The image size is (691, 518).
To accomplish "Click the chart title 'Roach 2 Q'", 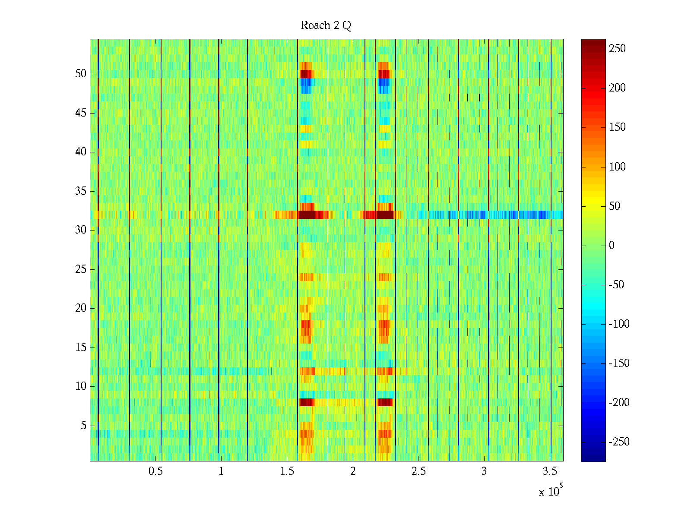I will (x=326, y=26).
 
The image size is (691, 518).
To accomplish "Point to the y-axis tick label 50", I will (x=81, y=74).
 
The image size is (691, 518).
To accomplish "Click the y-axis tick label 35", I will (x=81, y=191).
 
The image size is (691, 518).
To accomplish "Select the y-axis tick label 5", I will (x=83, y=426).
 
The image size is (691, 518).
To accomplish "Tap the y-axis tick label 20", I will (x=81, y=308).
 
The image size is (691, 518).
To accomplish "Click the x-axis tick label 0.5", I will (x=155, y=471).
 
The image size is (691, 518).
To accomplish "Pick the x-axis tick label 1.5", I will (x=287, y=471).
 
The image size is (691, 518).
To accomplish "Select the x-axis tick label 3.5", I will (x=550, y=471).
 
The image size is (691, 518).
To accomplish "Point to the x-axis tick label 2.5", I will (x=418, y=471).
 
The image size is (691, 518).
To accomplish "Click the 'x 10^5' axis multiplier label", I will (x=550, y=491).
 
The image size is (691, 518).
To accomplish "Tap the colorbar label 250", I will (x=617, y=49).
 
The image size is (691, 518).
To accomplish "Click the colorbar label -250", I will (x=619, y=442).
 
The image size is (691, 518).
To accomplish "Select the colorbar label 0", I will (x=612, y=246).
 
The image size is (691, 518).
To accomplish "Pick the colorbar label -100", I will (x=619, y=324).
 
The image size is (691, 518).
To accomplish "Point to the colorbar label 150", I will (x=617, y=127).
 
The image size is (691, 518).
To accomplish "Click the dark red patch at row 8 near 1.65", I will (x=306, y=402).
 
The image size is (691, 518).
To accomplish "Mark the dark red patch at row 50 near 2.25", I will (x=384, y=74).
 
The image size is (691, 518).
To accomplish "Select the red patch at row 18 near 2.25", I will (x=384, y=324).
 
